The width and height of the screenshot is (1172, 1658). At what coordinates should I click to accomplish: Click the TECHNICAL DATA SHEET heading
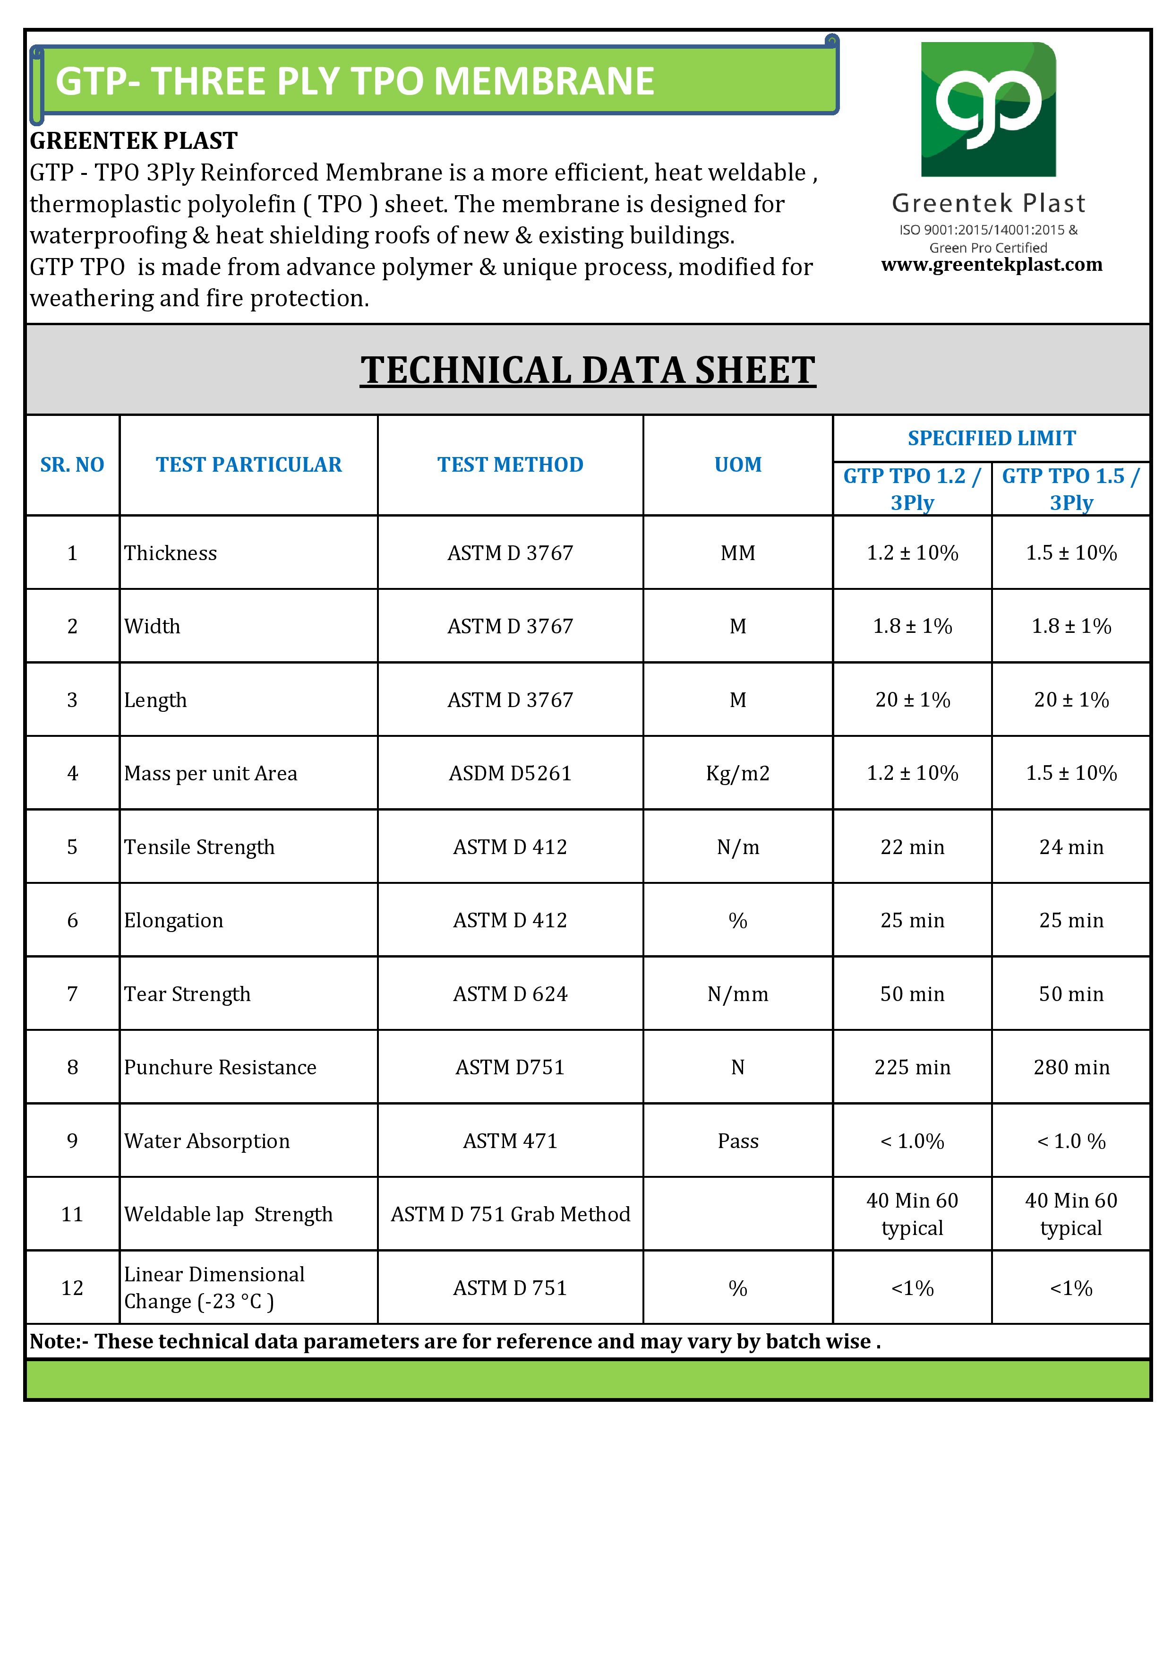click(x=588, y=371)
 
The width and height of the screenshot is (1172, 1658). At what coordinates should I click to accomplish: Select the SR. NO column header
click(x=72, y=464)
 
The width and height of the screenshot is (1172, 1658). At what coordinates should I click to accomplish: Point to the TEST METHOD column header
click(x=510, y=464)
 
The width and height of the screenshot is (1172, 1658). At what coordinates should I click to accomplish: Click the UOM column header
click(x=737, y=464)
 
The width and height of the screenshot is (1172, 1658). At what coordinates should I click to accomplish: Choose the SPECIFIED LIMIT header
click(x=992, y=438)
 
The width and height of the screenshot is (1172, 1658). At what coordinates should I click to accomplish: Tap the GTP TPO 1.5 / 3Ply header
click(x=1071, y=489)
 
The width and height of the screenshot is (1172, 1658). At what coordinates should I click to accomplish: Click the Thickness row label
click(x=171, y=553)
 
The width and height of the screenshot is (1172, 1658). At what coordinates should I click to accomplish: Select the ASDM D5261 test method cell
click(x=510, y=773)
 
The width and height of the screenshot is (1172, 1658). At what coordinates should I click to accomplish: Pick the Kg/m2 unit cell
click(x=737, y=773)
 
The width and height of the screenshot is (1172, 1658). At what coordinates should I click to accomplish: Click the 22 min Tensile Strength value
click(x=912, y=847)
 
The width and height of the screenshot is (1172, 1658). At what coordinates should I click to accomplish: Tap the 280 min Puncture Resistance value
click(x=1071, y=1067)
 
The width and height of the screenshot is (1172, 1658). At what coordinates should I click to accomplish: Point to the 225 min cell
click(x=912, y=1067)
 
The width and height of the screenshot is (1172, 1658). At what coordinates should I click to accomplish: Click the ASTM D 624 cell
click(x=510, y=994)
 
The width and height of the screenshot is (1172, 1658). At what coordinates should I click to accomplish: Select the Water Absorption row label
click(x=207, y=1141)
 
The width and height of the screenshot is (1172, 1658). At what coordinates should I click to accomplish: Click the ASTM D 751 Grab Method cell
click(x=510, y=1215)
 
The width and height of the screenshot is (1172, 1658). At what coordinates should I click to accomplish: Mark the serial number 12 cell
click(x=72, y=1288)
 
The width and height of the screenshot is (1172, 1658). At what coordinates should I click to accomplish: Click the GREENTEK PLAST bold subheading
click(x=134, y=141)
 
